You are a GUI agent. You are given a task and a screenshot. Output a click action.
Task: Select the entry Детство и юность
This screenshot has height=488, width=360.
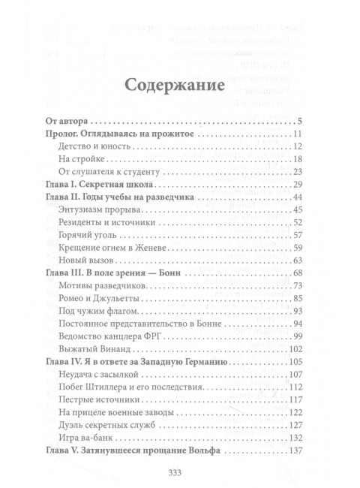(x=94, y=145)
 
